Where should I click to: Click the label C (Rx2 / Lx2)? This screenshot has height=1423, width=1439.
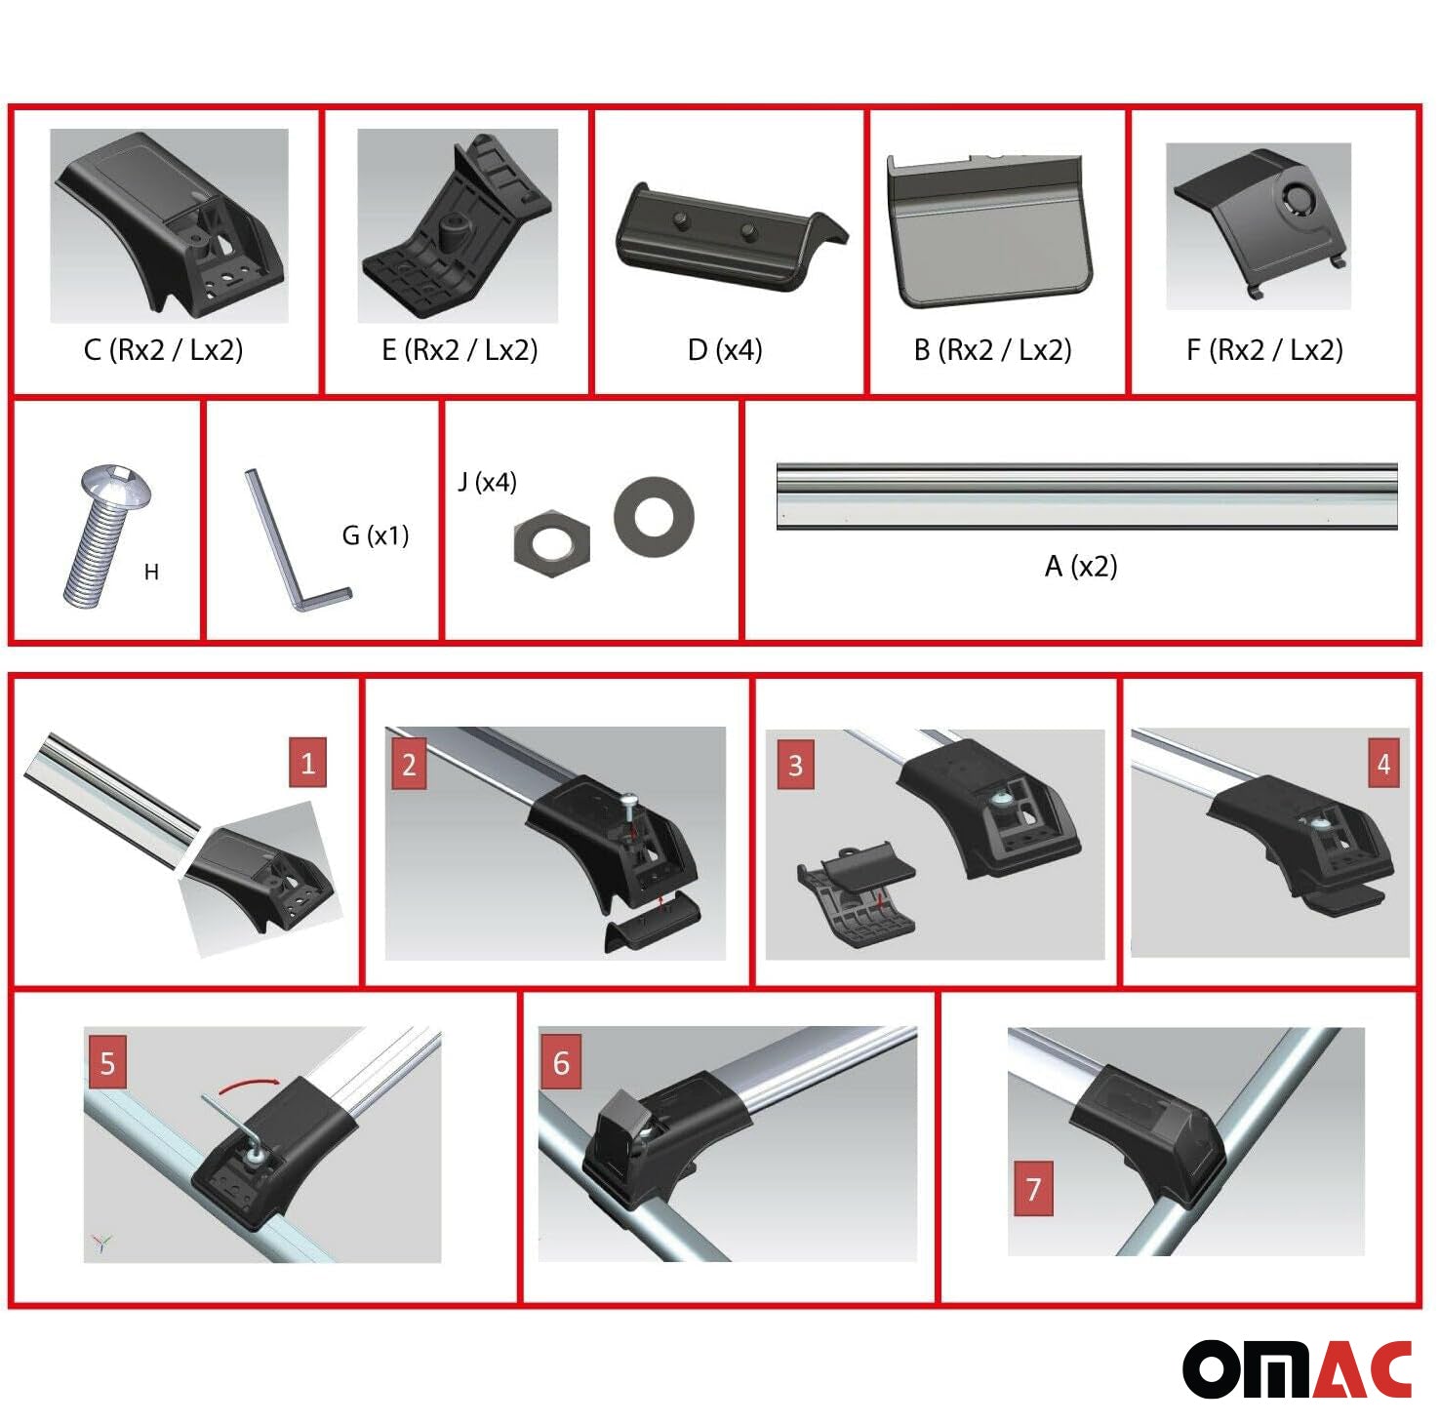pyautogui.click(x=163, y=349)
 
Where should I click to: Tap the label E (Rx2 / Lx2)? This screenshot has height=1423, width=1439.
pyautogui.click(x=460, y=349)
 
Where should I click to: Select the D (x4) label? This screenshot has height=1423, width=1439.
pyautogui.click(x=725, y=349)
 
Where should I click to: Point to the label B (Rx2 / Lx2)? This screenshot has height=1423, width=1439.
pyautogui.click(x=992, y=349)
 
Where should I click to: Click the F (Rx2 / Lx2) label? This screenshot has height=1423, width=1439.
pyautogui.click(x=1264, y=349)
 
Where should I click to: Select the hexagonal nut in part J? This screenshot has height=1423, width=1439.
pyautogui.click(x=551, y=541)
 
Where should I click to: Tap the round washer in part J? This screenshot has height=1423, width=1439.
pyautogui.click(x=654, y=513)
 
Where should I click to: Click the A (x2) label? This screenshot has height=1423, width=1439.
pyautogui.click(x=1081, y=566)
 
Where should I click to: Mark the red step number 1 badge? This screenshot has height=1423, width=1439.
pyautogui.click(x=307, y=762)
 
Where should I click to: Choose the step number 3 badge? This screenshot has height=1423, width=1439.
pyautogui.click(x=795, y=765)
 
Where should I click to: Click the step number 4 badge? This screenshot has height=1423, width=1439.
pyautogui.click(x=1383, y=764)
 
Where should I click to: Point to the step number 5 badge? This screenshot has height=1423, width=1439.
pyautogui.click(x=107, y=1063)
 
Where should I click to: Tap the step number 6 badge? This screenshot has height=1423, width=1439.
pyautogui.click(x=561, y=1062)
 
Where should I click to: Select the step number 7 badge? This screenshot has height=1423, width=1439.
pyautogui.click(x=1033, y=1189)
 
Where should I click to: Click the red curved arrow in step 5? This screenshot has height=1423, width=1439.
pyautogui.click(x=248, y=1082)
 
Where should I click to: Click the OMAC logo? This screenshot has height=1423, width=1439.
pyautogui.click(x=1298, y=1369)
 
